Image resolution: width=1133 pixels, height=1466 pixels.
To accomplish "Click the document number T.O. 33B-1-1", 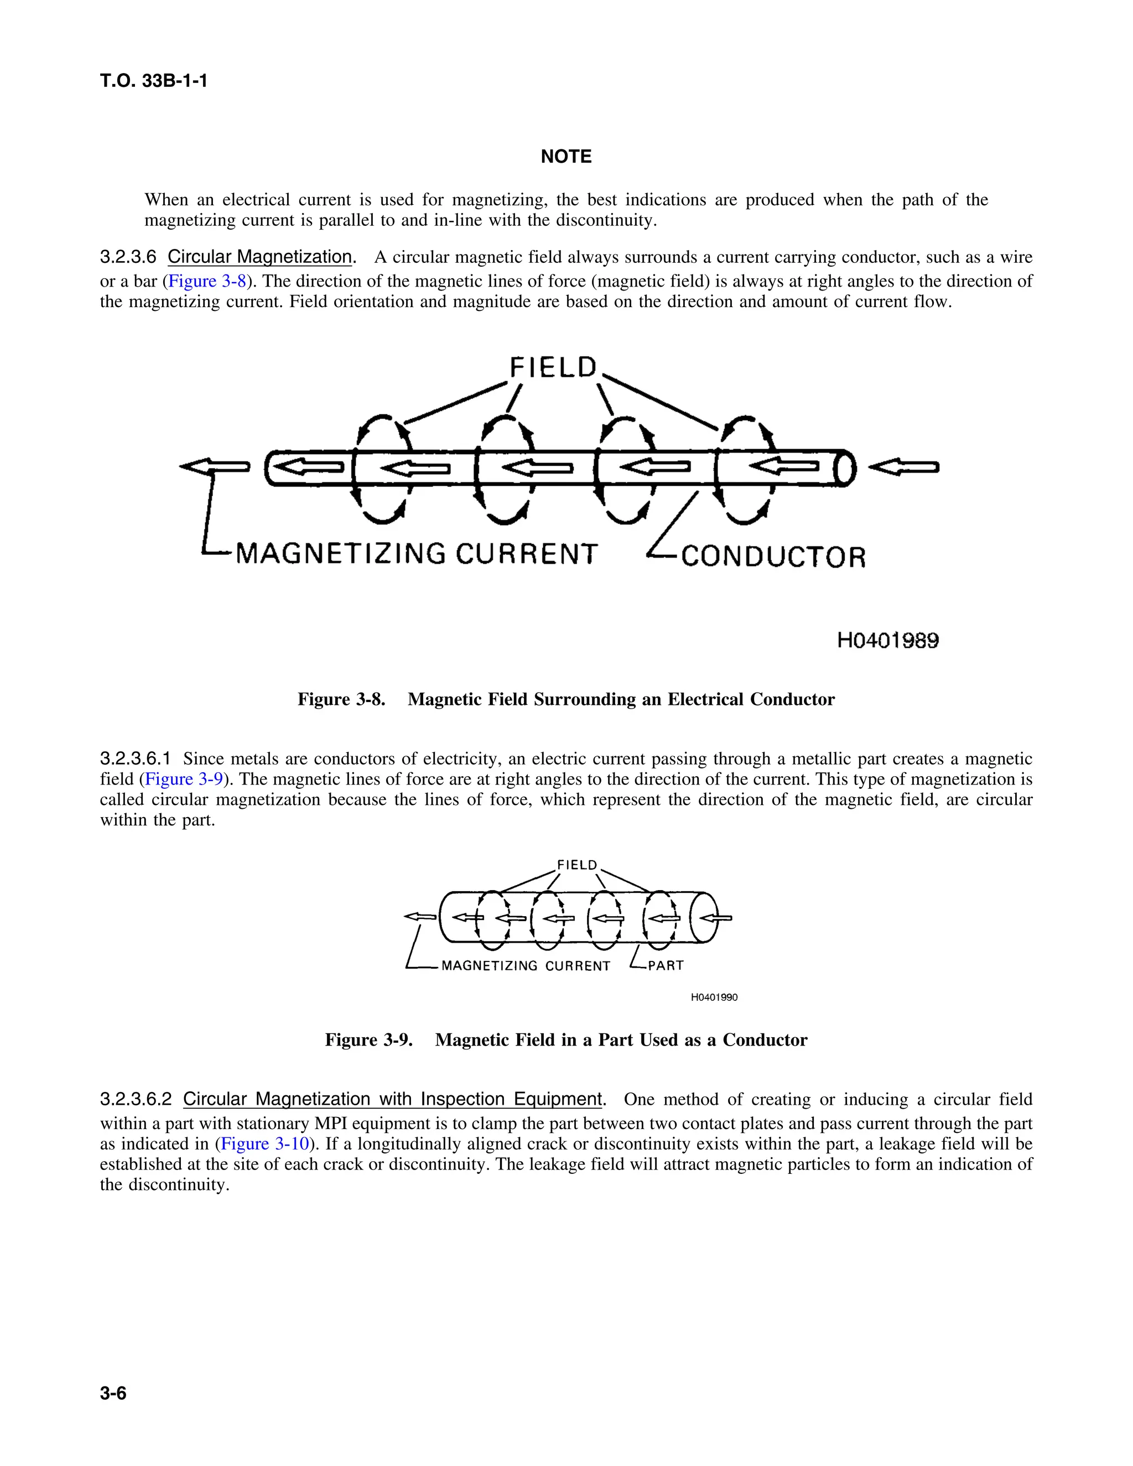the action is point(154,81).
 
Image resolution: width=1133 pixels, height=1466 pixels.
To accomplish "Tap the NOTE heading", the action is point(566,157).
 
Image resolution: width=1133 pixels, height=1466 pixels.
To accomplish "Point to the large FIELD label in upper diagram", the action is point(553,368).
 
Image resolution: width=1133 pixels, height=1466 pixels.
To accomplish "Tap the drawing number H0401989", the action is point(888,641).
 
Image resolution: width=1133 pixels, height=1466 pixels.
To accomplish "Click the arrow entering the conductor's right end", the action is point(904,468).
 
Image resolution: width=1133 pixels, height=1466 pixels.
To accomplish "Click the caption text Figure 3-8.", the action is point(341,699).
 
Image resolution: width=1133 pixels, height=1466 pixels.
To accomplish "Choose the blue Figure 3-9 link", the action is point(184,779).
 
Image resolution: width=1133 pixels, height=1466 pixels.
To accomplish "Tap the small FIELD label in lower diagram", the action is point(576,865).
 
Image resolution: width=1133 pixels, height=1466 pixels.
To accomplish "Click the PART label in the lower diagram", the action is point(665,966).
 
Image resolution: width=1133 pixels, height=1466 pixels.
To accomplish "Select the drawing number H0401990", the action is point(714,997).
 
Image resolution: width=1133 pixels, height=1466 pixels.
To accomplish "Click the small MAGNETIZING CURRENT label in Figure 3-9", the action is point(526,966).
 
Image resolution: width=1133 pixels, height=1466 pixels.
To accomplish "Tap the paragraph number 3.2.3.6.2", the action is point(136,1100).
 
